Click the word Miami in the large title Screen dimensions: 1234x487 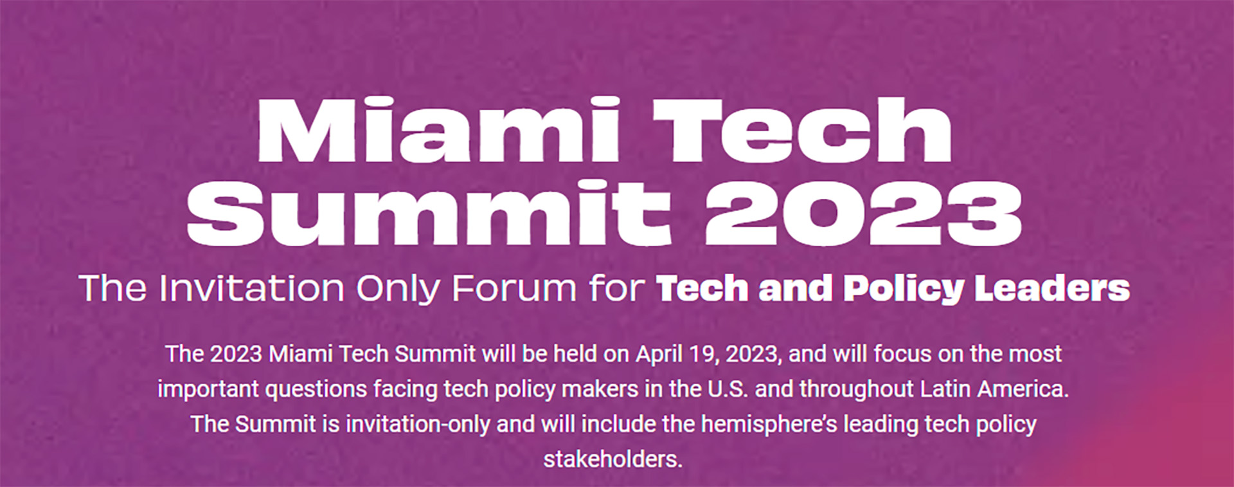coord(438,130)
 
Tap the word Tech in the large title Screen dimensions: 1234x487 coord(802,130)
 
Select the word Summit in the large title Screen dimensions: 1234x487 coord(429,212)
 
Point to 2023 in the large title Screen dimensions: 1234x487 coord(863,214)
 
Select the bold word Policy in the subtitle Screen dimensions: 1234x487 coord(904,290)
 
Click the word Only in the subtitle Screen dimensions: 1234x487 coord(398,290)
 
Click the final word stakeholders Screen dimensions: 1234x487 coord(613,459)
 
